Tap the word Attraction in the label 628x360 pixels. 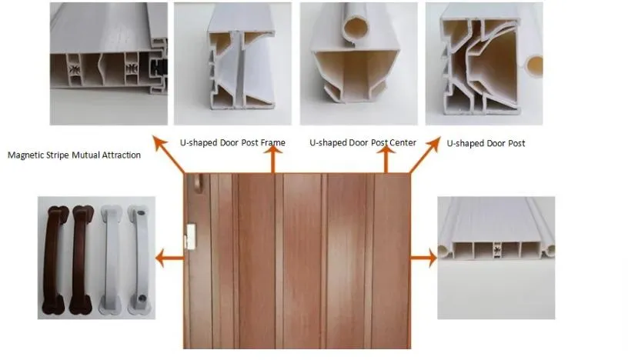(120, 155)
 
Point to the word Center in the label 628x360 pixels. (402, 143)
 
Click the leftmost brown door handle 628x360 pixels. (55, 258)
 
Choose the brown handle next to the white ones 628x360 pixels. (82, 258)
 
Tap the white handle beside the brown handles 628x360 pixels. (110, 258)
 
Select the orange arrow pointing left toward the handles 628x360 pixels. (169, 258)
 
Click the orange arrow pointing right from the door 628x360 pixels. (423, 258)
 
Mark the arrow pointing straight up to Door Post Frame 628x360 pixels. (271, 162)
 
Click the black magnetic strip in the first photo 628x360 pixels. (160, 71)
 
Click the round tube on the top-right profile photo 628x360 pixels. (533, 66)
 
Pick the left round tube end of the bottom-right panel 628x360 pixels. (444, 252)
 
